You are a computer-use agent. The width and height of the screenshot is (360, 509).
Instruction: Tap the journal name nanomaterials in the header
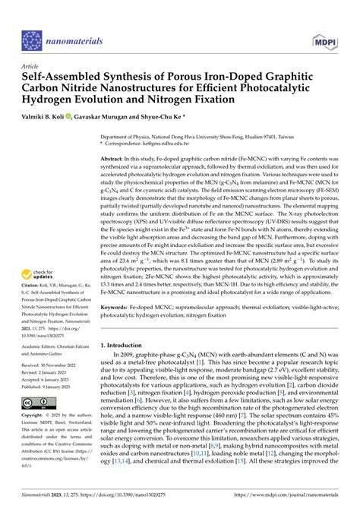pos(84,36)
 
